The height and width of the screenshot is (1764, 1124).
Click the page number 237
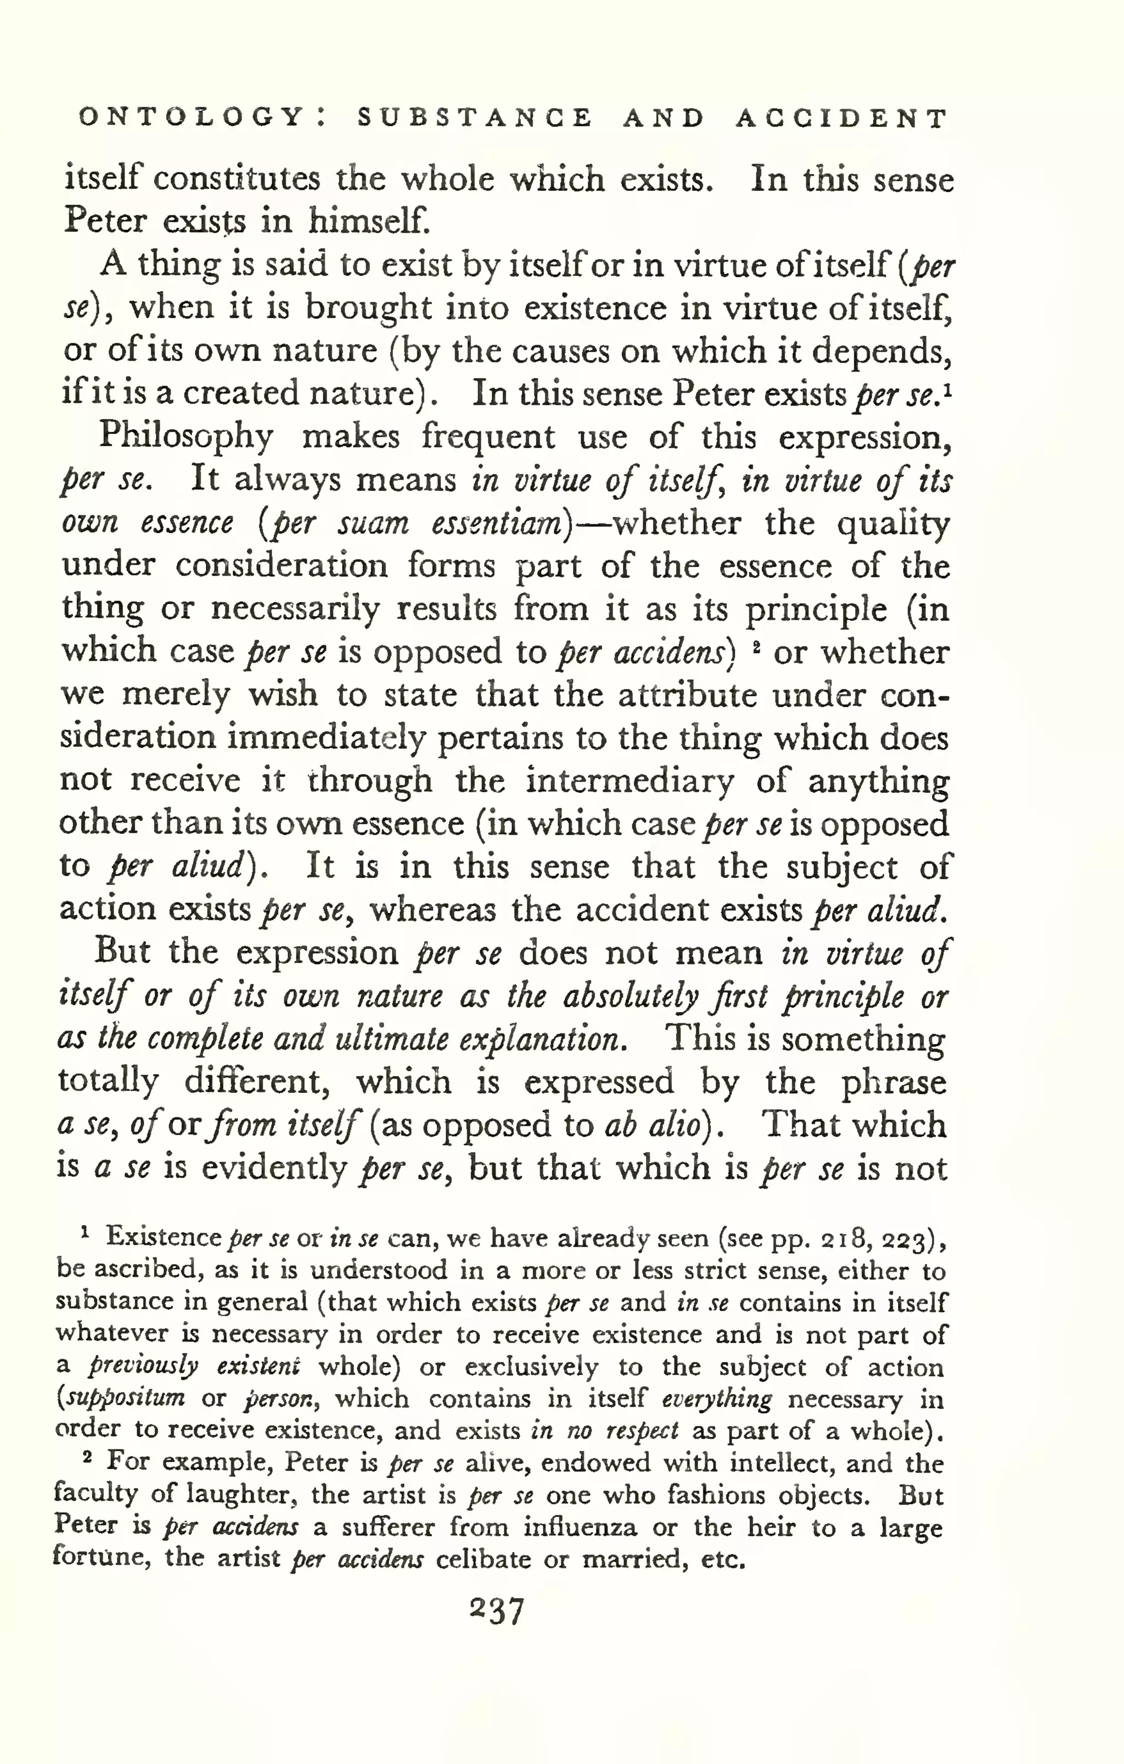pyautogui.click(x=498, y=1611)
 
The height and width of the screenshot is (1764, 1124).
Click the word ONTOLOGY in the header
pyautogui.click(x=190, y=117)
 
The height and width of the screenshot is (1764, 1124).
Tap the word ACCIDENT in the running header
pyautogui.click(x=841, y=118)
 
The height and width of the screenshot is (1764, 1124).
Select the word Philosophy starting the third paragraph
pyautogui.click(x=186, y=437)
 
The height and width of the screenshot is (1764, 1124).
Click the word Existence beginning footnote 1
pyautogui.click(x=164, y=1237)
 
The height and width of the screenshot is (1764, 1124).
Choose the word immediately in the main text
pyautogui.click(x=326, y=739)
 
